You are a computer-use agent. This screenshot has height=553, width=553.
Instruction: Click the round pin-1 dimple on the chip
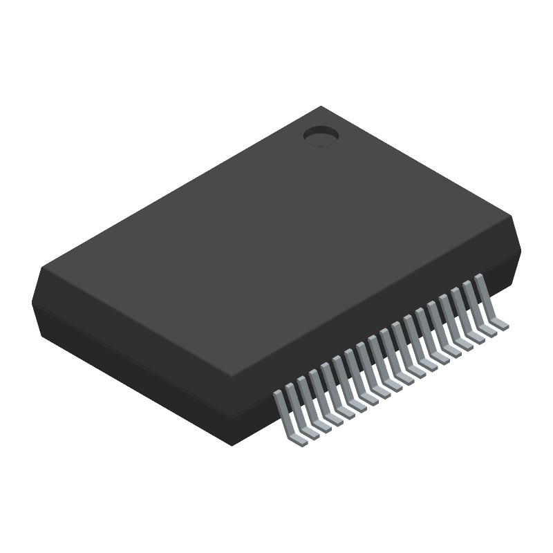coord(321,135)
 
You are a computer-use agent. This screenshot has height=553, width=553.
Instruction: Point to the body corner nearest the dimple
coord(321,106)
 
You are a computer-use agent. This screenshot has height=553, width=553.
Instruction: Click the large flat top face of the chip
coord(276,242)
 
